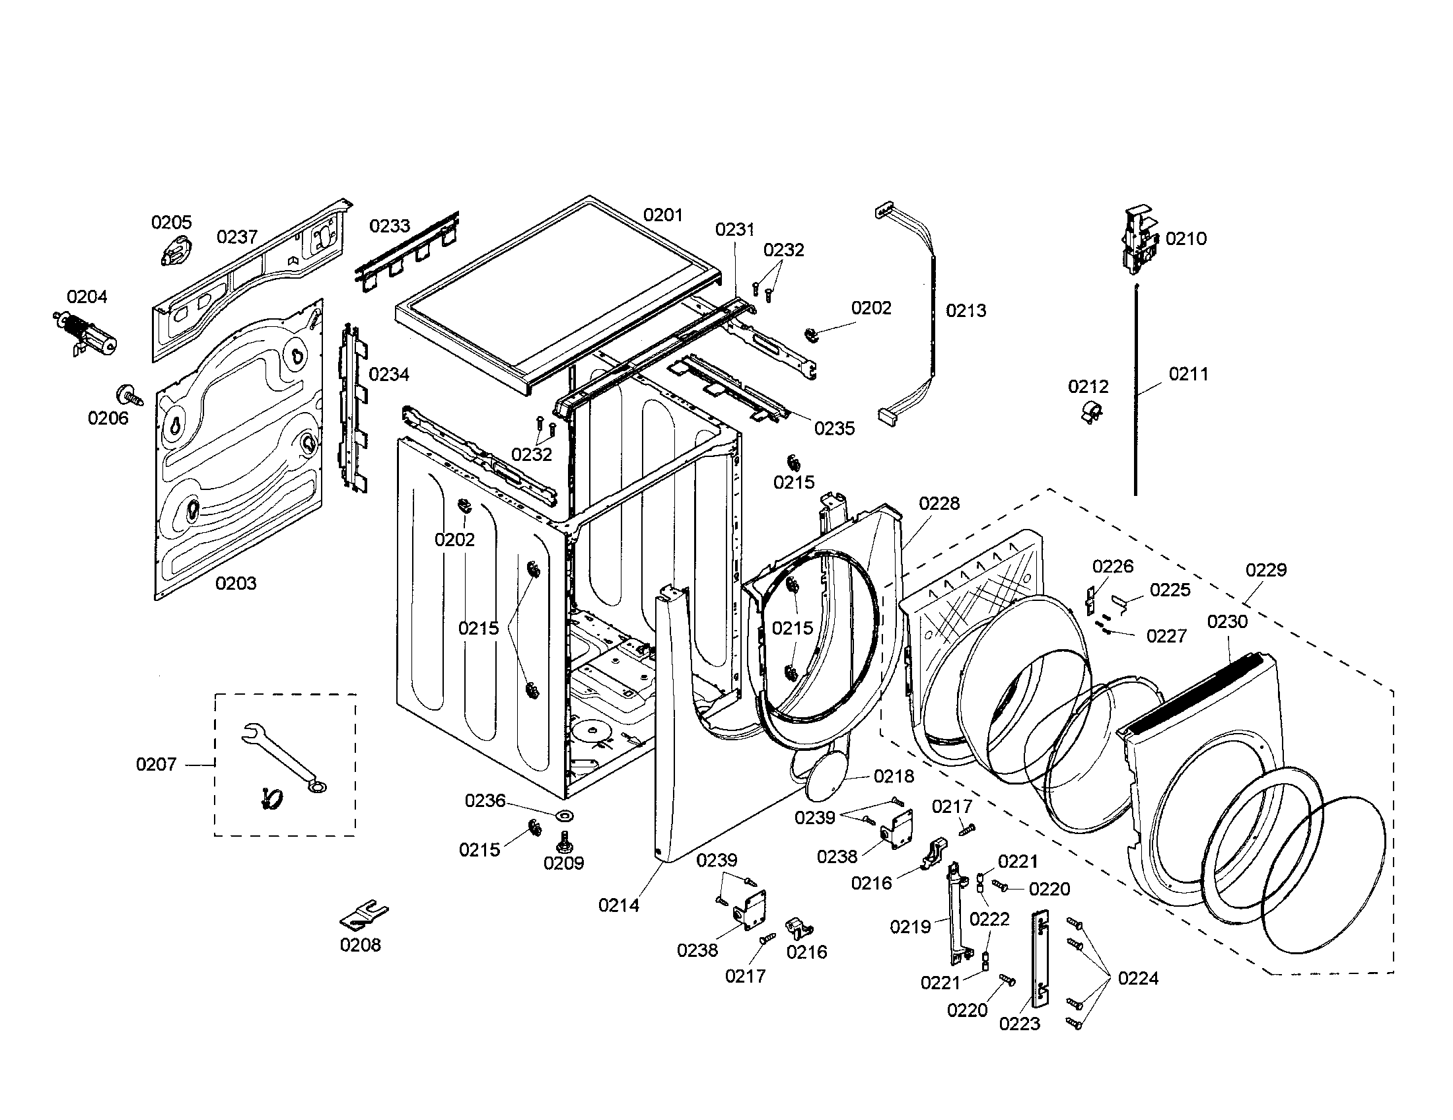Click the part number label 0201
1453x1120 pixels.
(x=662, y=215)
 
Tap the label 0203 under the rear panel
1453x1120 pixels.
(x=236, y=583)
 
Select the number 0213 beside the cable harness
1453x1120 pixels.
(x=966, y=310)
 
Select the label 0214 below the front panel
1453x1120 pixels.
(x=618, y=905)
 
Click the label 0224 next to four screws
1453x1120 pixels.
(x=1138, y=978)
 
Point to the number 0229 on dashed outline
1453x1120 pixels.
(x=1266, y=570)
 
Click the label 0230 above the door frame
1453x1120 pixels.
(x=1227, y=622)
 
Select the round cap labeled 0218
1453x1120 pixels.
(x=826, y=779)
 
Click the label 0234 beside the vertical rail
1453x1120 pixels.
(x=388, y=374)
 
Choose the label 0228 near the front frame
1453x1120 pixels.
(x=939, y=503)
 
